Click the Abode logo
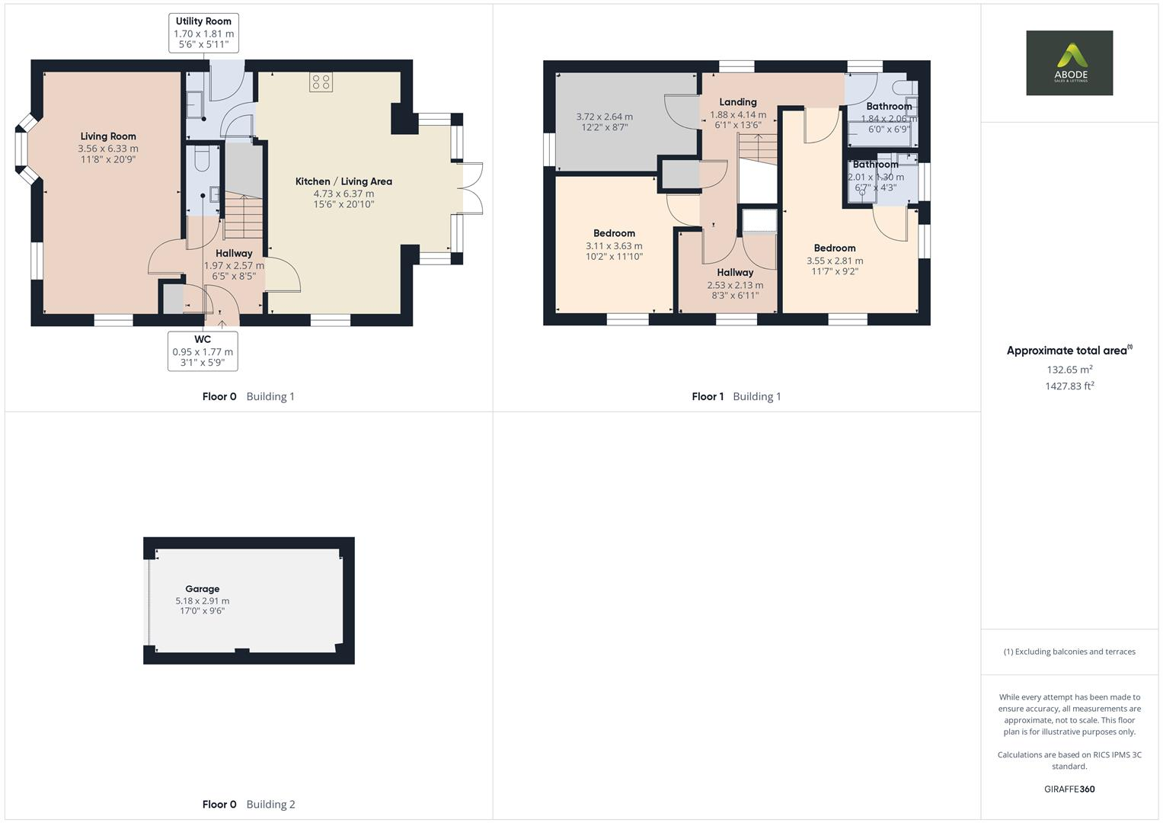1069,62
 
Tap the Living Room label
108,136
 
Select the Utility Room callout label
203,21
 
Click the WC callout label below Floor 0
203,339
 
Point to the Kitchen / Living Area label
343,181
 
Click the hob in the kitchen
321,82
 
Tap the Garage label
202,589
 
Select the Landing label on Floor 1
737,102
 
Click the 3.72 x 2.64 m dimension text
604,117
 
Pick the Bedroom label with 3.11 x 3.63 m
614,233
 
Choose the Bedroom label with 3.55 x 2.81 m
834,248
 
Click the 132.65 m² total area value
1069,370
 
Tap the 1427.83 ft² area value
1069,386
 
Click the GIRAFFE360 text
1069,789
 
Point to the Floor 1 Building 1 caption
736,396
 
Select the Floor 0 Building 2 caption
248,805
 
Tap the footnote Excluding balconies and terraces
1069,652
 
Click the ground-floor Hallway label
234,253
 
